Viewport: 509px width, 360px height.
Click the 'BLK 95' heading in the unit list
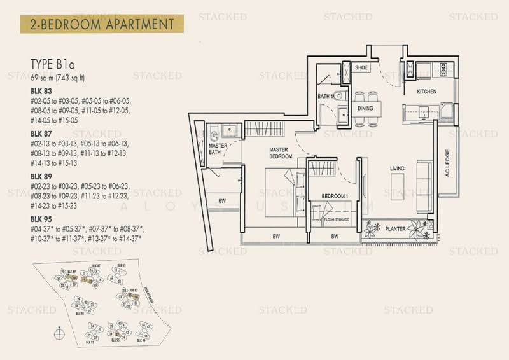(39, 223)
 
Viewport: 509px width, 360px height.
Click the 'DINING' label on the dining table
(365, 108)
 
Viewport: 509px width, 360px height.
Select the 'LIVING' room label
(398, 169)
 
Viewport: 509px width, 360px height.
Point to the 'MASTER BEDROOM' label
(279, 153)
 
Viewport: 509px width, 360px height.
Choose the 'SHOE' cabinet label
(361, 67)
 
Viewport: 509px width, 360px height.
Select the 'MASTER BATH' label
(218, 148)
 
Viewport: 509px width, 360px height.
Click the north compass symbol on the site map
(58, 331)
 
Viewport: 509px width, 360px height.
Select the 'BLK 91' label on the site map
(80, 314)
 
